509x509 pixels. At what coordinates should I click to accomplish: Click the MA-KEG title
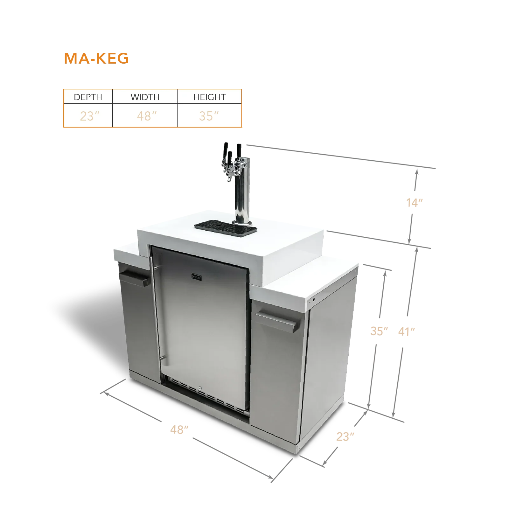click(96, 59)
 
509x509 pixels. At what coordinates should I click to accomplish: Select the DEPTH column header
click(88, 97)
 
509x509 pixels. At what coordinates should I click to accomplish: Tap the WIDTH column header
click(145, 97)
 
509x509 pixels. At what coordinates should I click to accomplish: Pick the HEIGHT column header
click(210, 97)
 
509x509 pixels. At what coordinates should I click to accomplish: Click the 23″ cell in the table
click(90, 116)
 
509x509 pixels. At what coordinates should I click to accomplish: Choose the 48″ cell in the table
click(147, 116)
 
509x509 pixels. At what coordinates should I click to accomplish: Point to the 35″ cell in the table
click(209, 116)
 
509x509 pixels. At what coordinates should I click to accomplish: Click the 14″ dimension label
click(415, 203)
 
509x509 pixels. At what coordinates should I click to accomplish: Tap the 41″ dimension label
click(407, 332)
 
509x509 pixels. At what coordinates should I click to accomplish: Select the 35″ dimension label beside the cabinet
click(379, 331)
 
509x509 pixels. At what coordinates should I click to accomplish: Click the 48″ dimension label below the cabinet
click(179, 430)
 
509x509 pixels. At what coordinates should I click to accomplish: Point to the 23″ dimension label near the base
click(345, 437)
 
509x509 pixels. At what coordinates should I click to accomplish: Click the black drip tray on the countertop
click(226, 228)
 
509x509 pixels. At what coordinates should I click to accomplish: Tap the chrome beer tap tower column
click(242, 191)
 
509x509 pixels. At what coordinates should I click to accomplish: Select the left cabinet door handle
click(134, 278)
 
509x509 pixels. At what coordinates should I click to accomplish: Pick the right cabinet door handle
click(276, 322)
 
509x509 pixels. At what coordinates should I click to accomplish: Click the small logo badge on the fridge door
click(196, 276)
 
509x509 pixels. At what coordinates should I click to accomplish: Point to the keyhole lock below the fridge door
click(200, 388)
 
